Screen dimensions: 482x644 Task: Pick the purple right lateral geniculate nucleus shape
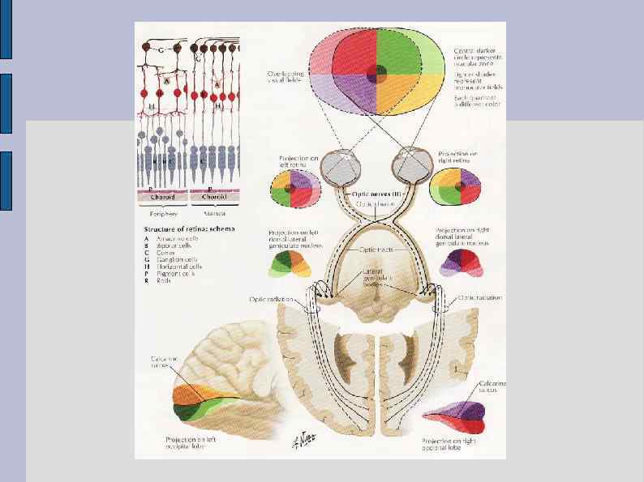[x=458, y=262]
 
